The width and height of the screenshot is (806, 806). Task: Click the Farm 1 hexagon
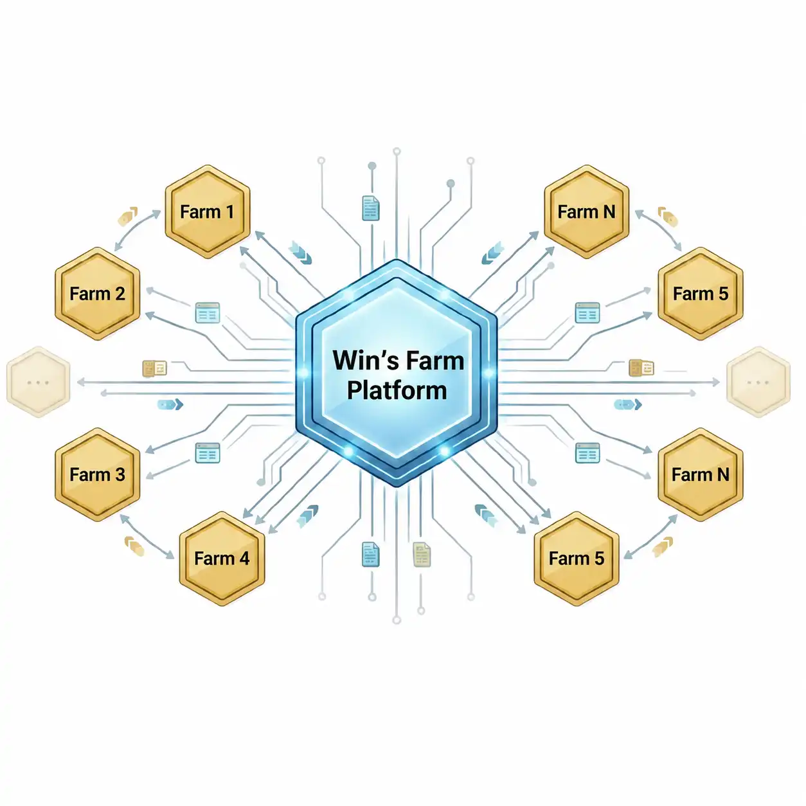208,211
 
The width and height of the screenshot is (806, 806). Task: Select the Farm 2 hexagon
98,294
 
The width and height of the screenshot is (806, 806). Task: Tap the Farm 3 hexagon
98,474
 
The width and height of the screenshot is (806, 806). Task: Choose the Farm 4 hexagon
222,559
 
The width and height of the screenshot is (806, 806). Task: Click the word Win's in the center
364,361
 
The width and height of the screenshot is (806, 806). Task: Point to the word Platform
397,391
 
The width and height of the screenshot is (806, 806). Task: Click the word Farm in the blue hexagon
435,361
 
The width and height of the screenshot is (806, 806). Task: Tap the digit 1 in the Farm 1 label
229,211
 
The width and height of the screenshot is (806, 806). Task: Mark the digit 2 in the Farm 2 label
120,294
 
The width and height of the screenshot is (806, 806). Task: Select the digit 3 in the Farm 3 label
120,474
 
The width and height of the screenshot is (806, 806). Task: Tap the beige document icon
422,554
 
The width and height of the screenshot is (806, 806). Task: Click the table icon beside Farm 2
208,312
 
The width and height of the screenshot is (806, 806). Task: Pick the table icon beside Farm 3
208,452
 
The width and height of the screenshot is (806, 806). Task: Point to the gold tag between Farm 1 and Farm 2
128,216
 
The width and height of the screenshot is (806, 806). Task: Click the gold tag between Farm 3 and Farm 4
135,546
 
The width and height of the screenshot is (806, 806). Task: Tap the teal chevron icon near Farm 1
300,253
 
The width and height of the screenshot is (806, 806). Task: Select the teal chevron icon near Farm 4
307,515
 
